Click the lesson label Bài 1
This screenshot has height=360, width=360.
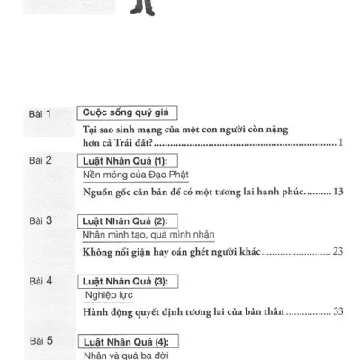(40, 114)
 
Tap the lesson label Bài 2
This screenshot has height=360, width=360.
(40, 160)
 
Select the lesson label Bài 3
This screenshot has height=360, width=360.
(40, 220)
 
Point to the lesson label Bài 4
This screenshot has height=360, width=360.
(40, 281)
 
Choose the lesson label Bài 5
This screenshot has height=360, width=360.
(41, 341)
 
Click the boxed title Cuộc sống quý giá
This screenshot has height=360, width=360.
(127, 112)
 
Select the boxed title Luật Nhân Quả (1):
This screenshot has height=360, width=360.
(128, 161)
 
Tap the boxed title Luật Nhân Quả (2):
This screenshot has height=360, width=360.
(128, 221)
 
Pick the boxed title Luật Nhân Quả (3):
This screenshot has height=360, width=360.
(128, 282)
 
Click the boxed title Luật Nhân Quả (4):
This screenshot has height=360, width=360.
(129, 342)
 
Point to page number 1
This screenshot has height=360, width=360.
(340, 142)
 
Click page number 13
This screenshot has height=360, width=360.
(338, 192)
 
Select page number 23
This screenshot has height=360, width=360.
(337, 251)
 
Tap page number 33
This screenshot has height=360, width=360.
(338, 311)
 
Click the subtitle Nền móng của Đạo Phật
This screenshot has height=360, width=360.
(136, 175)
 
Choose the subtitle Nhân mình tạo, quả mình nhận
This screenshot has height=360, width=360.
(148, 235)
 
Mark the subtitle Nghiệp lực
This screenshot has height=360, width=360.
(109, 295)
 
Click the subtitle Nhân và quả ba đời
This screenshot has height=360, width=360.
(126, 355)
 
